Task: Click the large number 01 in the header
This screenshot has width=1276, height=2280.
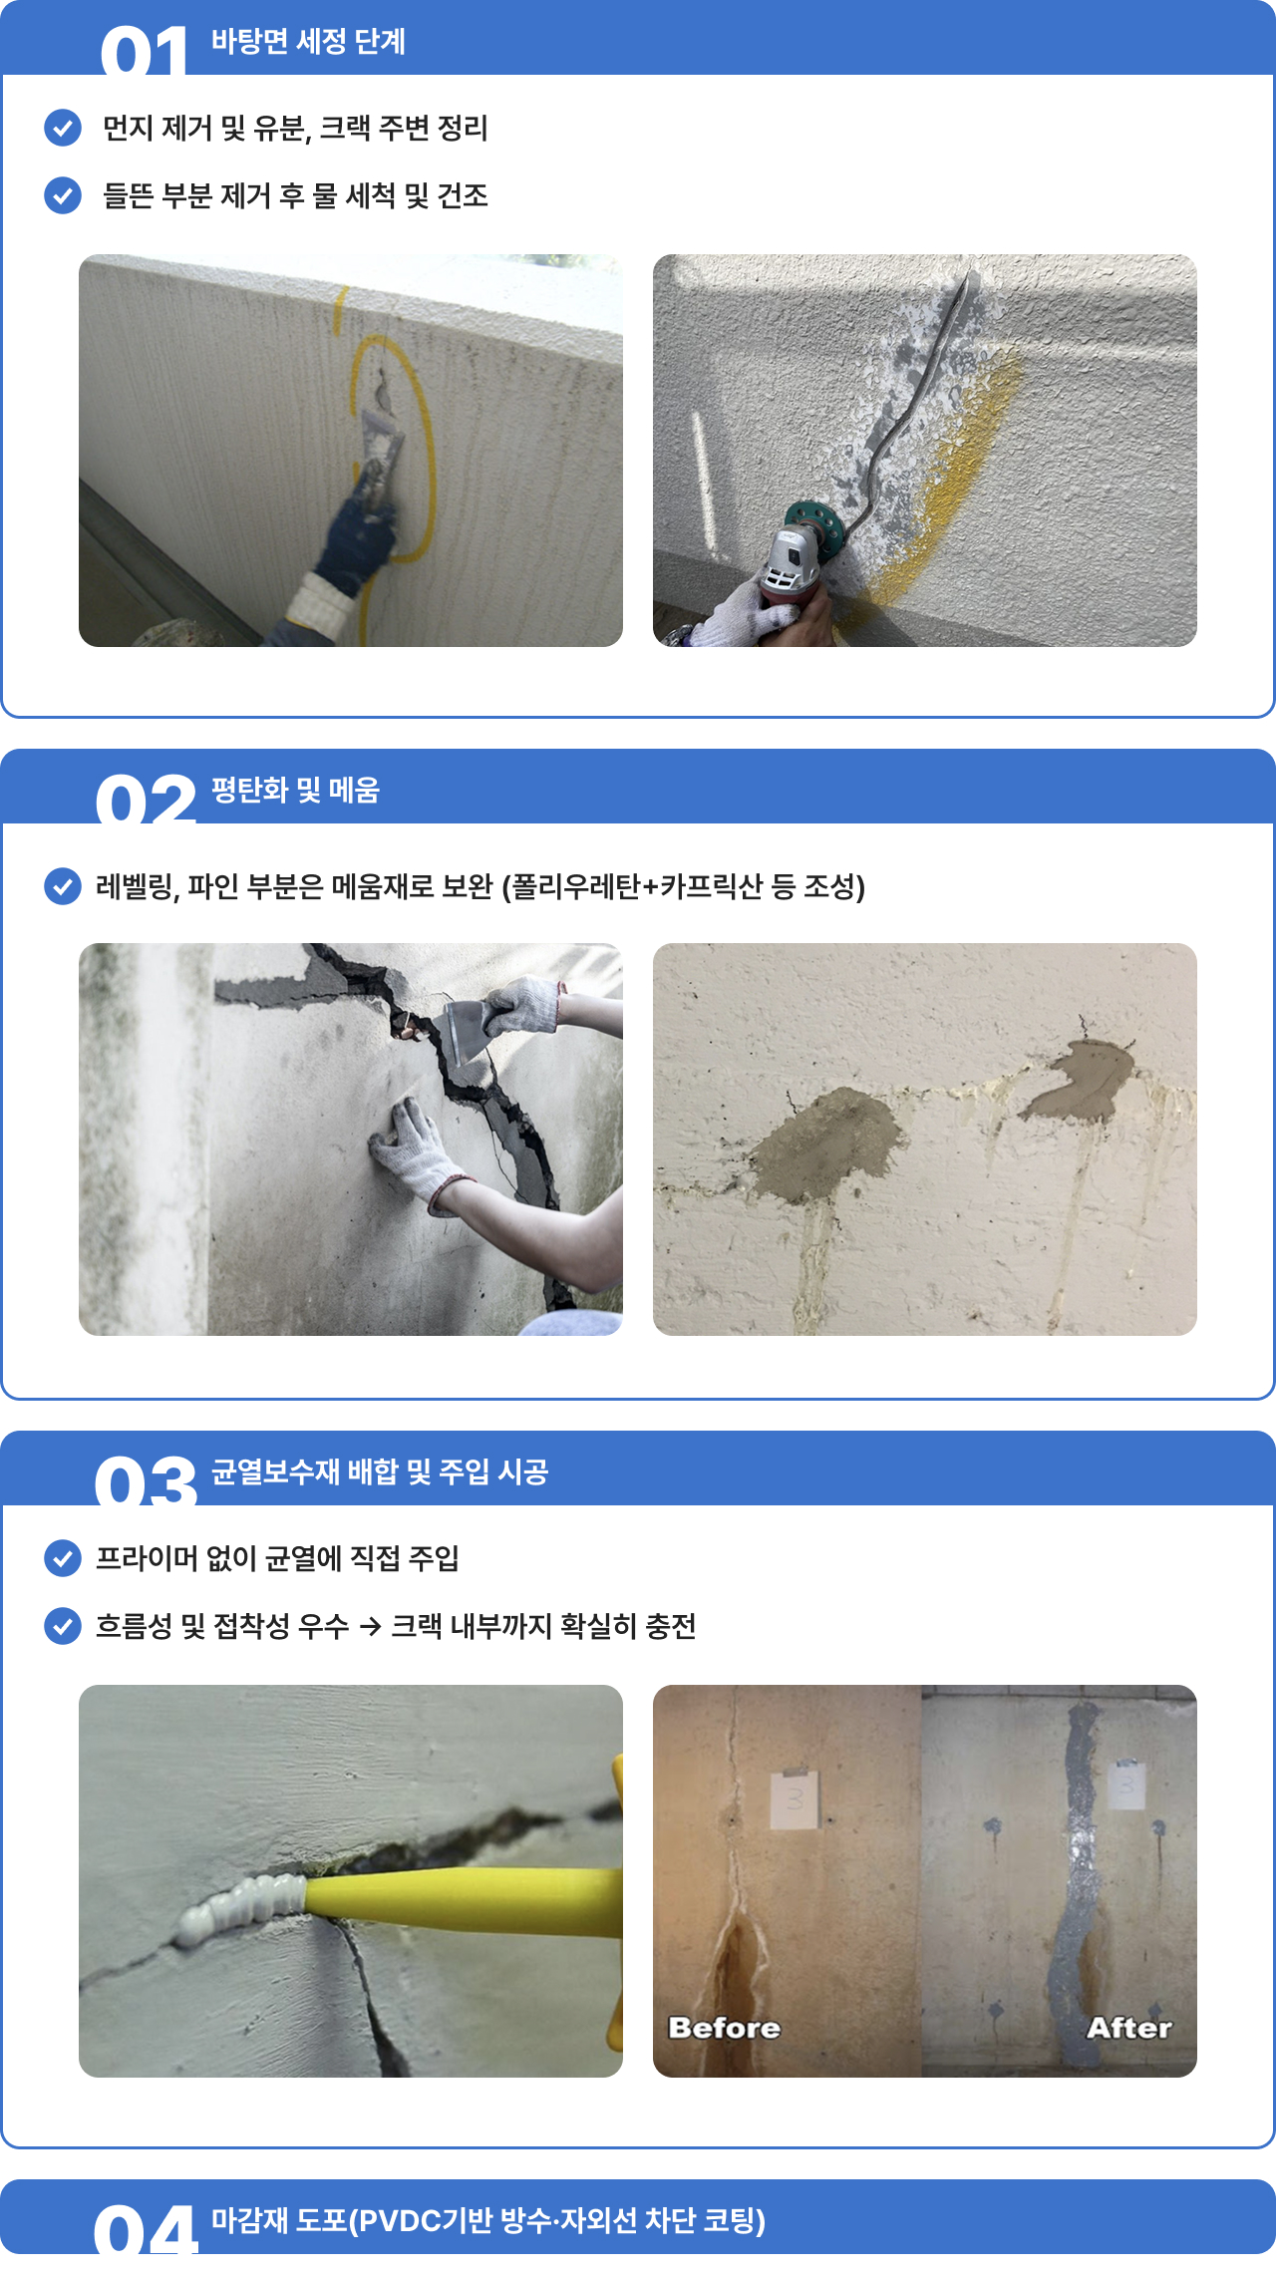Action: click(x=145, y=51)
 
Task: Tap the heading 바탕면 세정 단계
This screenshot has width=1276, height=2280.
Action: click(x=308, y=41)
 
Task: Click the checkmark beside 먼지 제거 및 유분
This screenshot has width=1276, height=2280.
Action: click(x=63, y=128)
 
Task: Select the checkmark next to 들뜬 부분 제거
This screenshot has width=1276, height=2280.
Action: click(x=63, y=195)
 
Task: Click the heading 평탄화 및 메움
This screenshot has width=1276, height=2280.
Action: click(x=295, y=790)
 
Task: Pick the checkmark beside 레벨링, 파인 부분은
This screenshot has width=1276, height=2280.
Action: click(x=63, y=885)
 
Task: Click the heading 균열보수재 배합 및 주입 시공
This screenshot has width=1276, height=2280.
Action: click(x=380, y=1471)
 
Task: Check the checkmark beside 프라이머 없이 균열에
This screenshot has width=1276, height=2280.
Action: click(x=63, y=1557)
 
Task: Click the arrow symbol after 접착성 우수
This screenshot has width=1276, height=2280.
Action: click(x=370, y=1627)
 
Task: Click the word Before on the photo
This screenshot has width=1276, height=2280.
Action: click(x=725, y=2028)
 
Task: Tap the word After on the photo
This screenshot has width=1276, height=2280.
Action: click(x=1129, y=2028)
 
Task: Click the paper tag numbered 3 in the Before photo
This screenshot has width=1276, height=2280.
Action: click(x=796, y=1798)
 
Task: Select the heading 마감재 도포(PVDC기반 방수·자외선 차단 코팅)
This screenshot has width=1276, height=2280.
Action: click(x=488, y=2220)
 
